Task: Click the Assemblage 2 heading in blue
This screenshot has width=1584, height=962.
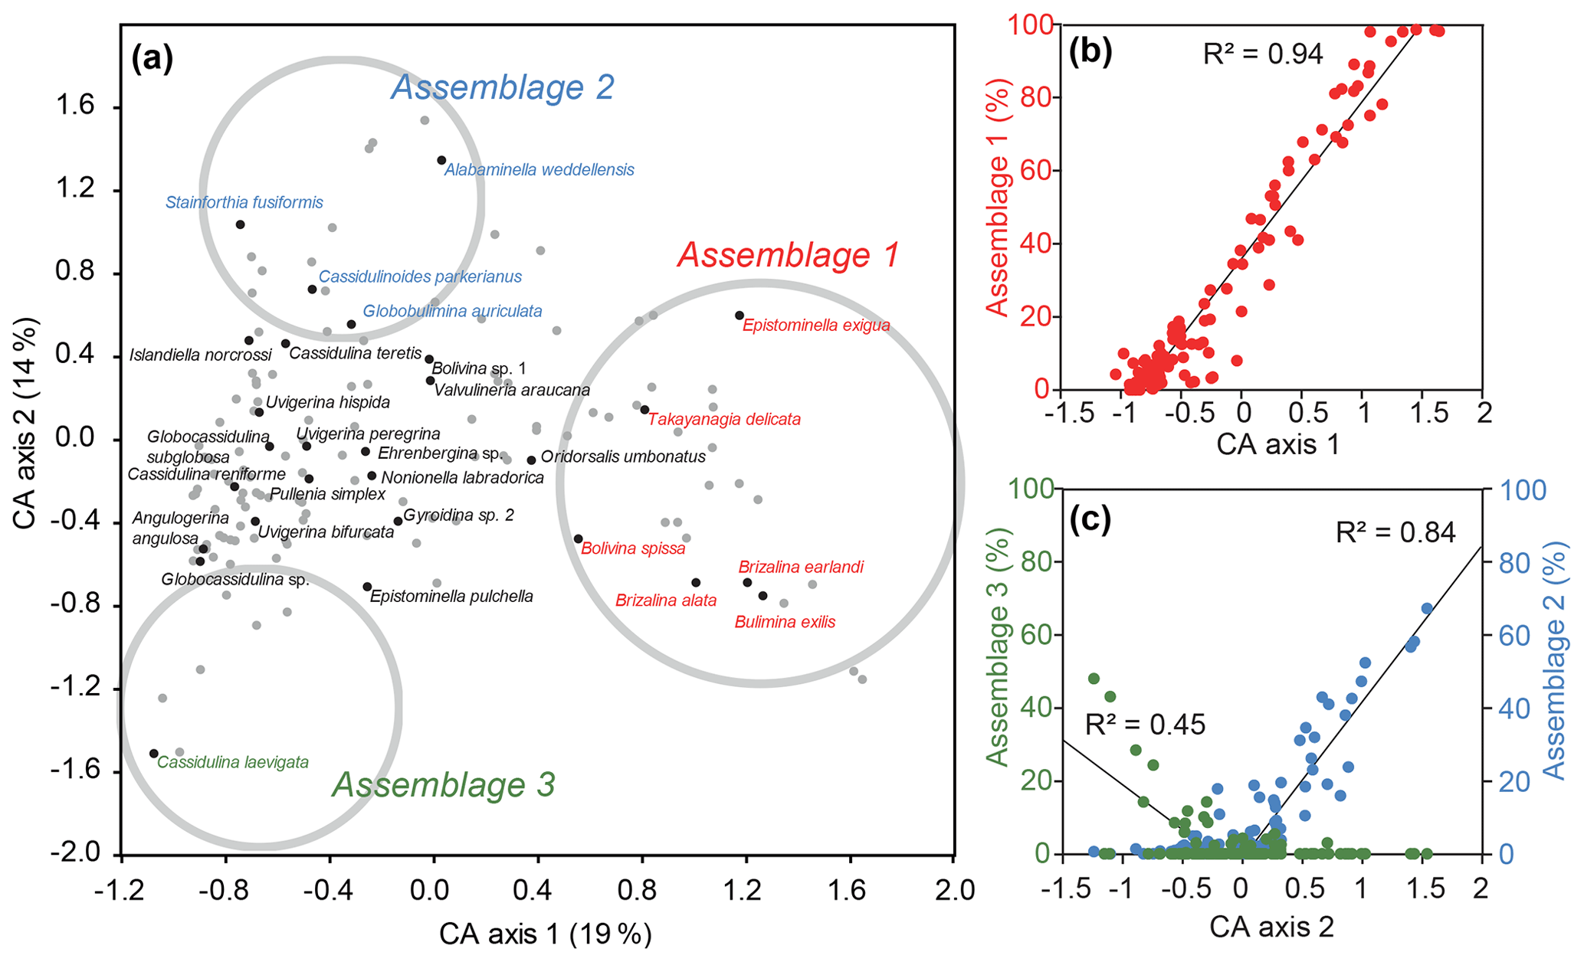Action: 503,87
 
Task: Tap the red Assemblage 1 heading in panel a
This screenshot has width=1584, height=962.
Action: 788,255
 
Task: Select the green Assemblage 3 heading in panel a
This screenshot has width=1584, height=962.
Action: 444,785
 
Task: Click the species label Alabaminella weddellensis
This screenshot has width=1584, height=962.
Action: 539,170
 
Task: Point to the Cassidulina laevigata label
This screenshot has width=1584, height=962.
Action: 233,762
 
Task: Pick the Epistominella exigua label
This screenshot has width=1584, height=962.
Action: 816,325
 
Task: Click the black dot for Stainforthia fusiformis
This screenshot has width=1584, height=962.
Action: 240,224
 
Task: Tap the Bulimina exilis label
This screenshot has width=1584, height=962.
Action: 785,622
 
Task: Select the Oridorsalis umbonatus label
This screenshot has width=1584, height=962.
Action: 623,457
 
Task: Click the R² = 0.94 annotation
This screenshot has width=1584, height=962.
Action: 1263,54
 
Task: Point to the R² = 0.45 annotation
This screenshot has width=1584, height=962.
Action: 1145,724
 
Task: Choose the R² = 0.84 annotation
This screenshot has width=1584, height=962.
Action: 1395,532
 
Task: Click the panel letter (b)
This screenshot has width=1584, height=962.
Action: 1090,51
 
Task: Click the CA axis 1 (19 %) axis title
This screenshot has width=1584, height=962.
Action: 545,934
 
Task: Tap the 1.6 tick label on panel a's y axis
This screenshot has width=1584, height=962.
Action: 75,106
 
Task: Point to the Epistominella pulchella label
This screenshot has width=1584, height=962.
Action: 451,597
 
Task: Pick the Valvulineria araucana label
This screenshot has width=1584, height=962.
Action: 512,390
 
